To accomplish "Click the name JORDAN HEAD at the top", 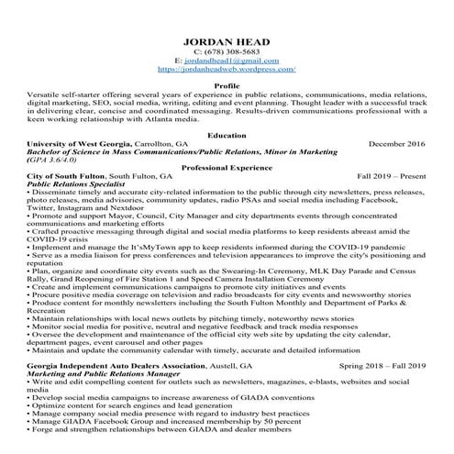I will pyautogui.click(x=227, y=42).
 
